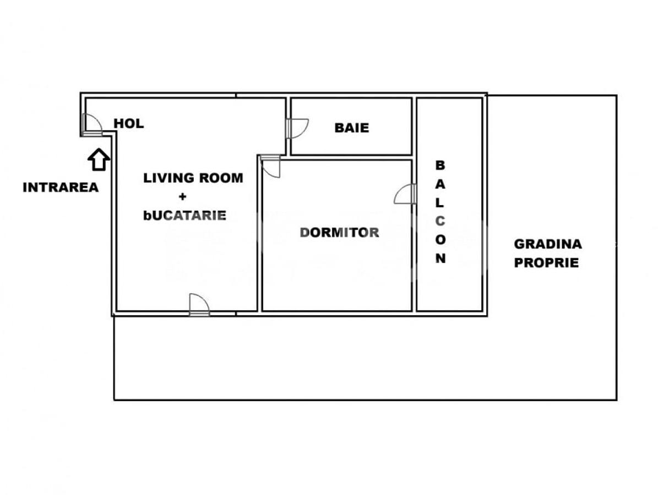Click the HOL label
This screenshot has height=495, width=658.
[128, 124]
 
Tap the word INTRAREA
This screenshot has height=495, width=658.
[61, 188]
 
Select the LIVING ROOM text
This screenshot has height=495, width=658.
[193, 178]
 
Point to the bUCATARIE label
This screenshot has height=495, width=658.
[184, 215]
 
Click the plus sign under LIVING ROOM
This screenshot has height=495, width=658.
[182, 196]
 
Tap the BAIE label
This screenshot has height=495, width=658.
[351, 128]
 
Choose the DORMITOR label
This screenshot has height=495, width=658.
[339, 233]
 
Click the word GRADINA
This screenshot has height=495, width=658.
[548, 244]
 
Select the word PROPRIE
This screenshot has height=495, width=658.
[546, 263]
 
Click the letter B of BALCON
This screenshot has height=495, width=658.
[441, 164]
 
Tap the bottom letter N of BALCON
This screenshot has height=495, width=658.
[441, 258]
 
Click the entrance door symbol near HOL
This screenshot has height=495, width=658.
[91, 125]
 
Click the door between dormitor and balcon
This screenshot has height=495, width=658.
[406, 194]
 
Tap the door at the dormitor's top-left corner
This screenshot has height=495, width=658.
[271, 166]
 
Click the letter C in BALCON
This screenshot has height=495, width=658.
[441, 221]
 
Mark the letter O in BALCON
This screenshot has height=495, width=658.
[441, 239]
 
